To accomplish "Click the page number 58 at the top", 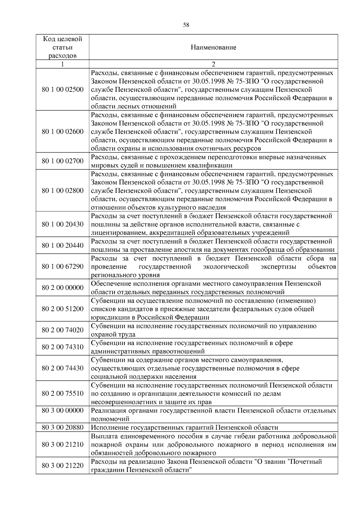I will (x=186, y=25).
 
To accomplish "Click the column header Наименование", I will (x=213, y=47).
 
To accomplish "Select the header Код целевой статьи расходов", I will (x=62, y=47).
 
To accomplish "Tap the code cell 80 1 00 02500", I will (x=63, y=90).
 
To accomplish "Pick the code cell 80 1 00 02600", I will (x=63, y=132).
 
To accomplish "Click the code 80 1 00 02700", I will (x=63, y=161).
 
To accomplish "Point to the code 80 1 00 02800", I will (x=63, y=191).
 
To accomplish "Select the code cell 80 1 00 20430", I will (x=63, y=224).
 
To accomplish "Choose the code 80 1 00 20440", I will (x=63, y=246).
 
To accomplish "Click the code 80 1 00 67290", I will (x=63, y=266).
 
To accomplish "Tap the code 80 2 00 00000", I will (x=63, y=288).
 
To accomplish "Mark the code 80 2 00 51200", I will (x=63, y=309).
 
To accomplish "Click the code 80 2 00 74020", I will (x=63, y=330).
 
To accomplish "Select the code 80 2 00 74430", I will (x=63, y=368).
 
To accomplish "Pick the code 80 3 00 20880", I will (x=63, y=427).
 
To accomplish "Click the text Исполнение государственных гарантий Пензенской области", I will (x=184, y=427).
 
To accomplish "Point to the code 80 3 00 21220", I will (x=63, y=466).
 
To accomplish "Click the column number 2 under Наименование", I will (x=213, y=64).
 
